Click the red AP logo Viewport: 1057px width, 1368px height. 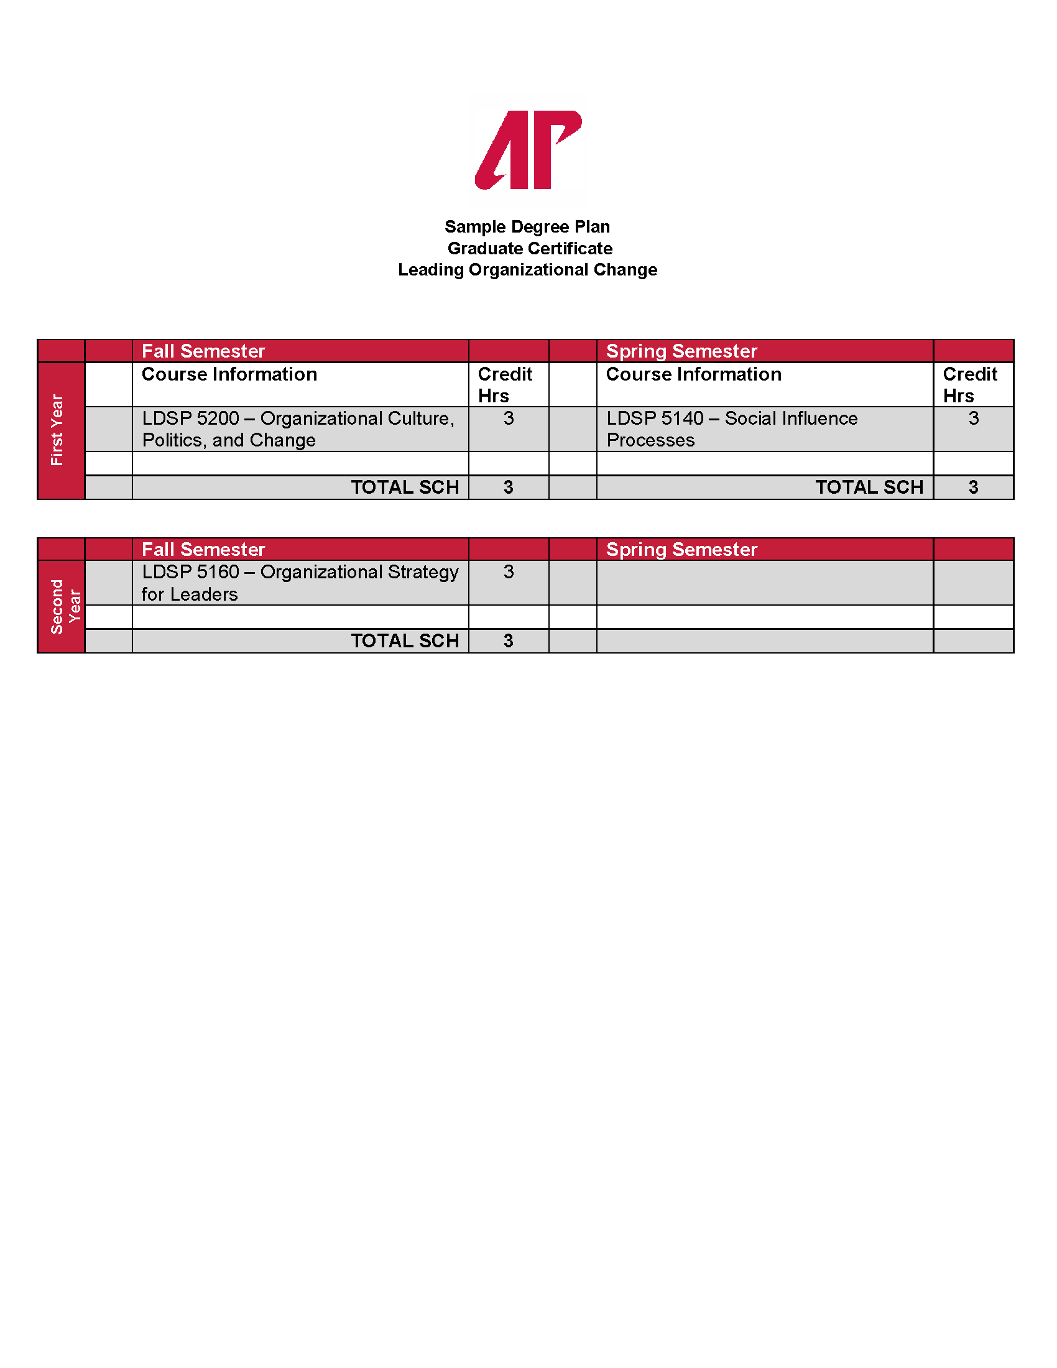[528, 150]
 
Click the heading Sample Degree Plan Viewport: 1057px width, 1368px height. [527, 227]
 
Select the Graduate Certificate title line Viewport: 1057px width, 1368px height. [530, 249]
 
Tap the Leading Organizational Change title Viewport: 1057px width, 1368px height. [527, 270]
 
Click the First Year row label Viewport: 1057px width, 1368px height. [58, 430]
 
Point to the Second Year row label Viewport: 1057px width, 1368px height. [65, 606]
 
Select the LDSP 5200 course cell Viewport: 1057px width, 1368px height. [298, 429]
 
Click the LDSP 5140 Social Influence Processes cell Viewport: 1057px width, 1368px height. [731, 429]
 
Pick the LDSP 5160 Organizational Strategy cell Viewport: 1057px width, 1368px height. [299, 583]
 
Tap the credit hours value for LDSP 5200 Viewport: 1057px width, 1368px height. [509, 418]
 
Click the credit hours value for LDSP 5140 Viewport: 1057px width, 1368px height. [973, 418]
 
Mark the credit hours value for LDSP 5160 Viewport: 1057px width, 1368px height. [509, 572]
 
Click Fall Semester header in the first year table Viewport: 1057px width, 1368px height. [203, 351]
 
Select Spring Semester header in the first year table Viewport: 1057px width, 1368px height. [681, 351]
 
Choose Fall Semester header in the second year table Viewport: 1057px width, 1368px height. [203, 549]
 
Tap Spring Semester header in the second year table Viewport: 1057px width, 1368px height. [681, 549]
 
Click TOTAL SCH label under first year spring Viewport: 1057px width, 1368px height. [869, 488]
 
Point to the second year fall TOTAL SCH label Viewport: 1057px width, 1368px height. [405, 640]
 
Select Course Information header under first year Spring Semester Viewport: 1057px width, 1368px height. [693, 374]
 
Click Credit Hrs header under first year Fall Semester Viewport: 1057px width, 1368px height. [504, 384]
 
